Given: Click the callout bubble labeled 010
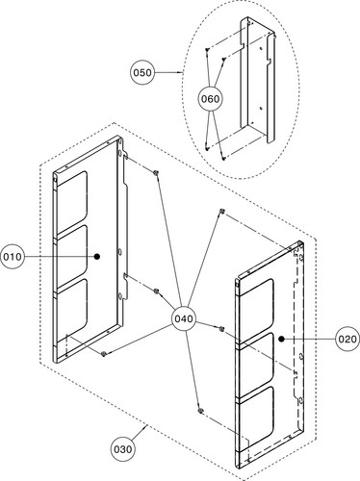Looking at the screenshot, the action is click(x=13, y=257).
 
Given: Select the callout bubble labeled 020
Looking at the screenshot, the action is click(x=347, y=339).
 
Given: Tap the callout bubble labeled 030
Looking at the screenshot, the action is click(x=123, y=449).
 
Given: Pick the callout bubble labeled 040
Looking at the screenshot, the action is click(x=184, y=318).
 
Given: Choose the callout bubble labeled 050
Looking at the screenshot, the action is click(x=142, y=73).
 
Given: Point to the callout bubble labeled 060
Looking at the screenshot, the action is click(x=210, y=99).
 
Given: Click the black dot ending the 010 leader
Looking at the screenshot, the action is click(x=97, y=257).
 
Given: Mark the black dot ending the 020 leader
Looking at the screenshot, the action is click(x=281, y=339).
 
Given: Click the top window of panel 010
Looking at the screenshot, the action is click(x=71, y=199).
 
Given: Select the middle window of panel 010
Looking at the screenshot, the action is click(x=71, y=253).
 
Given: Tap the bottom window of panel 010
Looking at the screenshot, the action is click(x=71, y=307).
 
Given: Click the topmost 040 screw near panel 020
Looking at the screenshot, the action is click(x=221, y=211).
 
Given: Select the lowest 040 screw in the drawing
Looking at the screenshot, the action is click(x=200, y=411).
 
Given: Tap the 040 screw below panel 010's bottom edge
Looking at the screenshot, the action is click(x=104, y=354).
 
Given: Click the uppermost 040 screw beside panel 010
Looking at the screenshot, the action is click(x=156, y=172).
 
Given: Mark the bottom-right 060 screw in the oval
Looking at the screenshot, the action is click(x=224, y=158).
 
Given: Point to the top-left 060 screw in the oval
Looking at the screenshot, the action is click(x=207, y=49).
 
